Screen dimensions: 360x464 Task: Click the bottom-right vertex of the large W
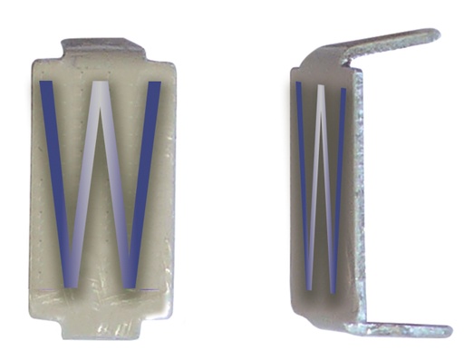132,285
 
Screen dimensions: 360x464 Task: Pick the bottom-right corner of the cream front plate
172,316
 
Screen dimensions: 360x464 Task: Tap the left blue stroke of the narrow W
302,181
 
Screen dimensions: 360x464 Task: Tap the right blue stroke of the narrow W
338,181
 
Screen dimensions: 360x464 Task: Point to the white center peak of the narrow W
319,89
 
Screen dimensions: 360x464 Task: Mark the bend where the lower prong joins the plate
355,322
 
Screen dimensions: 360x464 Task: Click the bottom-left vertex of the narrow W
309,288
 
